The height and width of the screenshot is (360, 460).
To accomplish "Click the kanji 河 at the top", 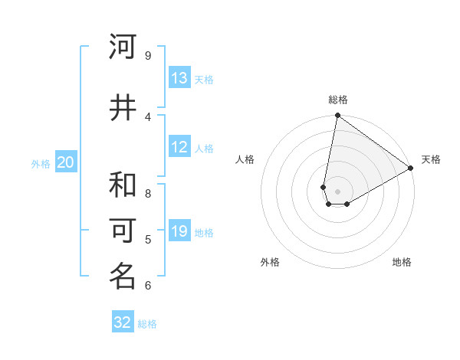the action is [x=123, y=47].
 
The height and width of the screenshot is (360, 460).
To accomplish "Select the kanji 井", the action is [x=123, y=108].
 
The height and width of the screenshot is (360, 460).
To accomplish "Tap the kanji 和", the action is [x=123, y=185].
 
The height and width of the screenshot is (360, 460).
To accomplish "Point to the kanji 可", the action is [x=123, y=231].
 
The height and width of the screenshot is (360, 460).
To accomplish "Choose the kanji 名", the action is [x=123, y=277].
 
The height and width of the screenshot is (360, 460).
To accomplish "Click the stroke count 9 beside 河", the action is [x=148, y=56].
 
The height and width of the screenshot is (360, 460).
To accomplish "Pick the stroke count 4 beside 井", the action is [x=148, y=117].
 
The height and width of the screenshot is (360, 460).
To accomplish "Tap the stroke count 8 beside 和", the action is [x=148, y=194].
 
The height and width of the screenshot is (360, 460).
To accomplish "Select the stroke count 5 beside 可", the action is [x=148, y=240].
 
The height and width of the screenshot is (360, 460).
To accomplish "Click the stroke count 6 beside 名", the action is [x=148, y=286].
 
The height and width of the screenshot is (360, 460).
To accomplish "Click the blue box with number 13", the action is [x=179, y=78].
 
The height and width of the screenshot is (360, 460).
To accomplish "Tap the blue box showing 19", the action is [x=179, y=231].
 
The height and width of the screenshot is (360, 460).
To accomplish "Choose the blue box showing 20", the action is [x=66, y=162].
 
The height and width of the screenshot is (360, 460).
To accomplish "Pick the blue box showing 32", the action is [x=123, y=322].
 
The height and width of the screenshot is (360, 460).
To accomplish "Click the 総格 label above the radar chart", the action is [x=338, y=100].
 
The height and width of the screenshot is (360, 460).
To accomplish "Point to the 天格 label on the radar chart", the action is [x=431, y=159].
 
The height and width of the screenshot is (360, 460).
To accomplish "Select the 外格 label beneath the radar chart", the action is [x=270, y=262].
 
